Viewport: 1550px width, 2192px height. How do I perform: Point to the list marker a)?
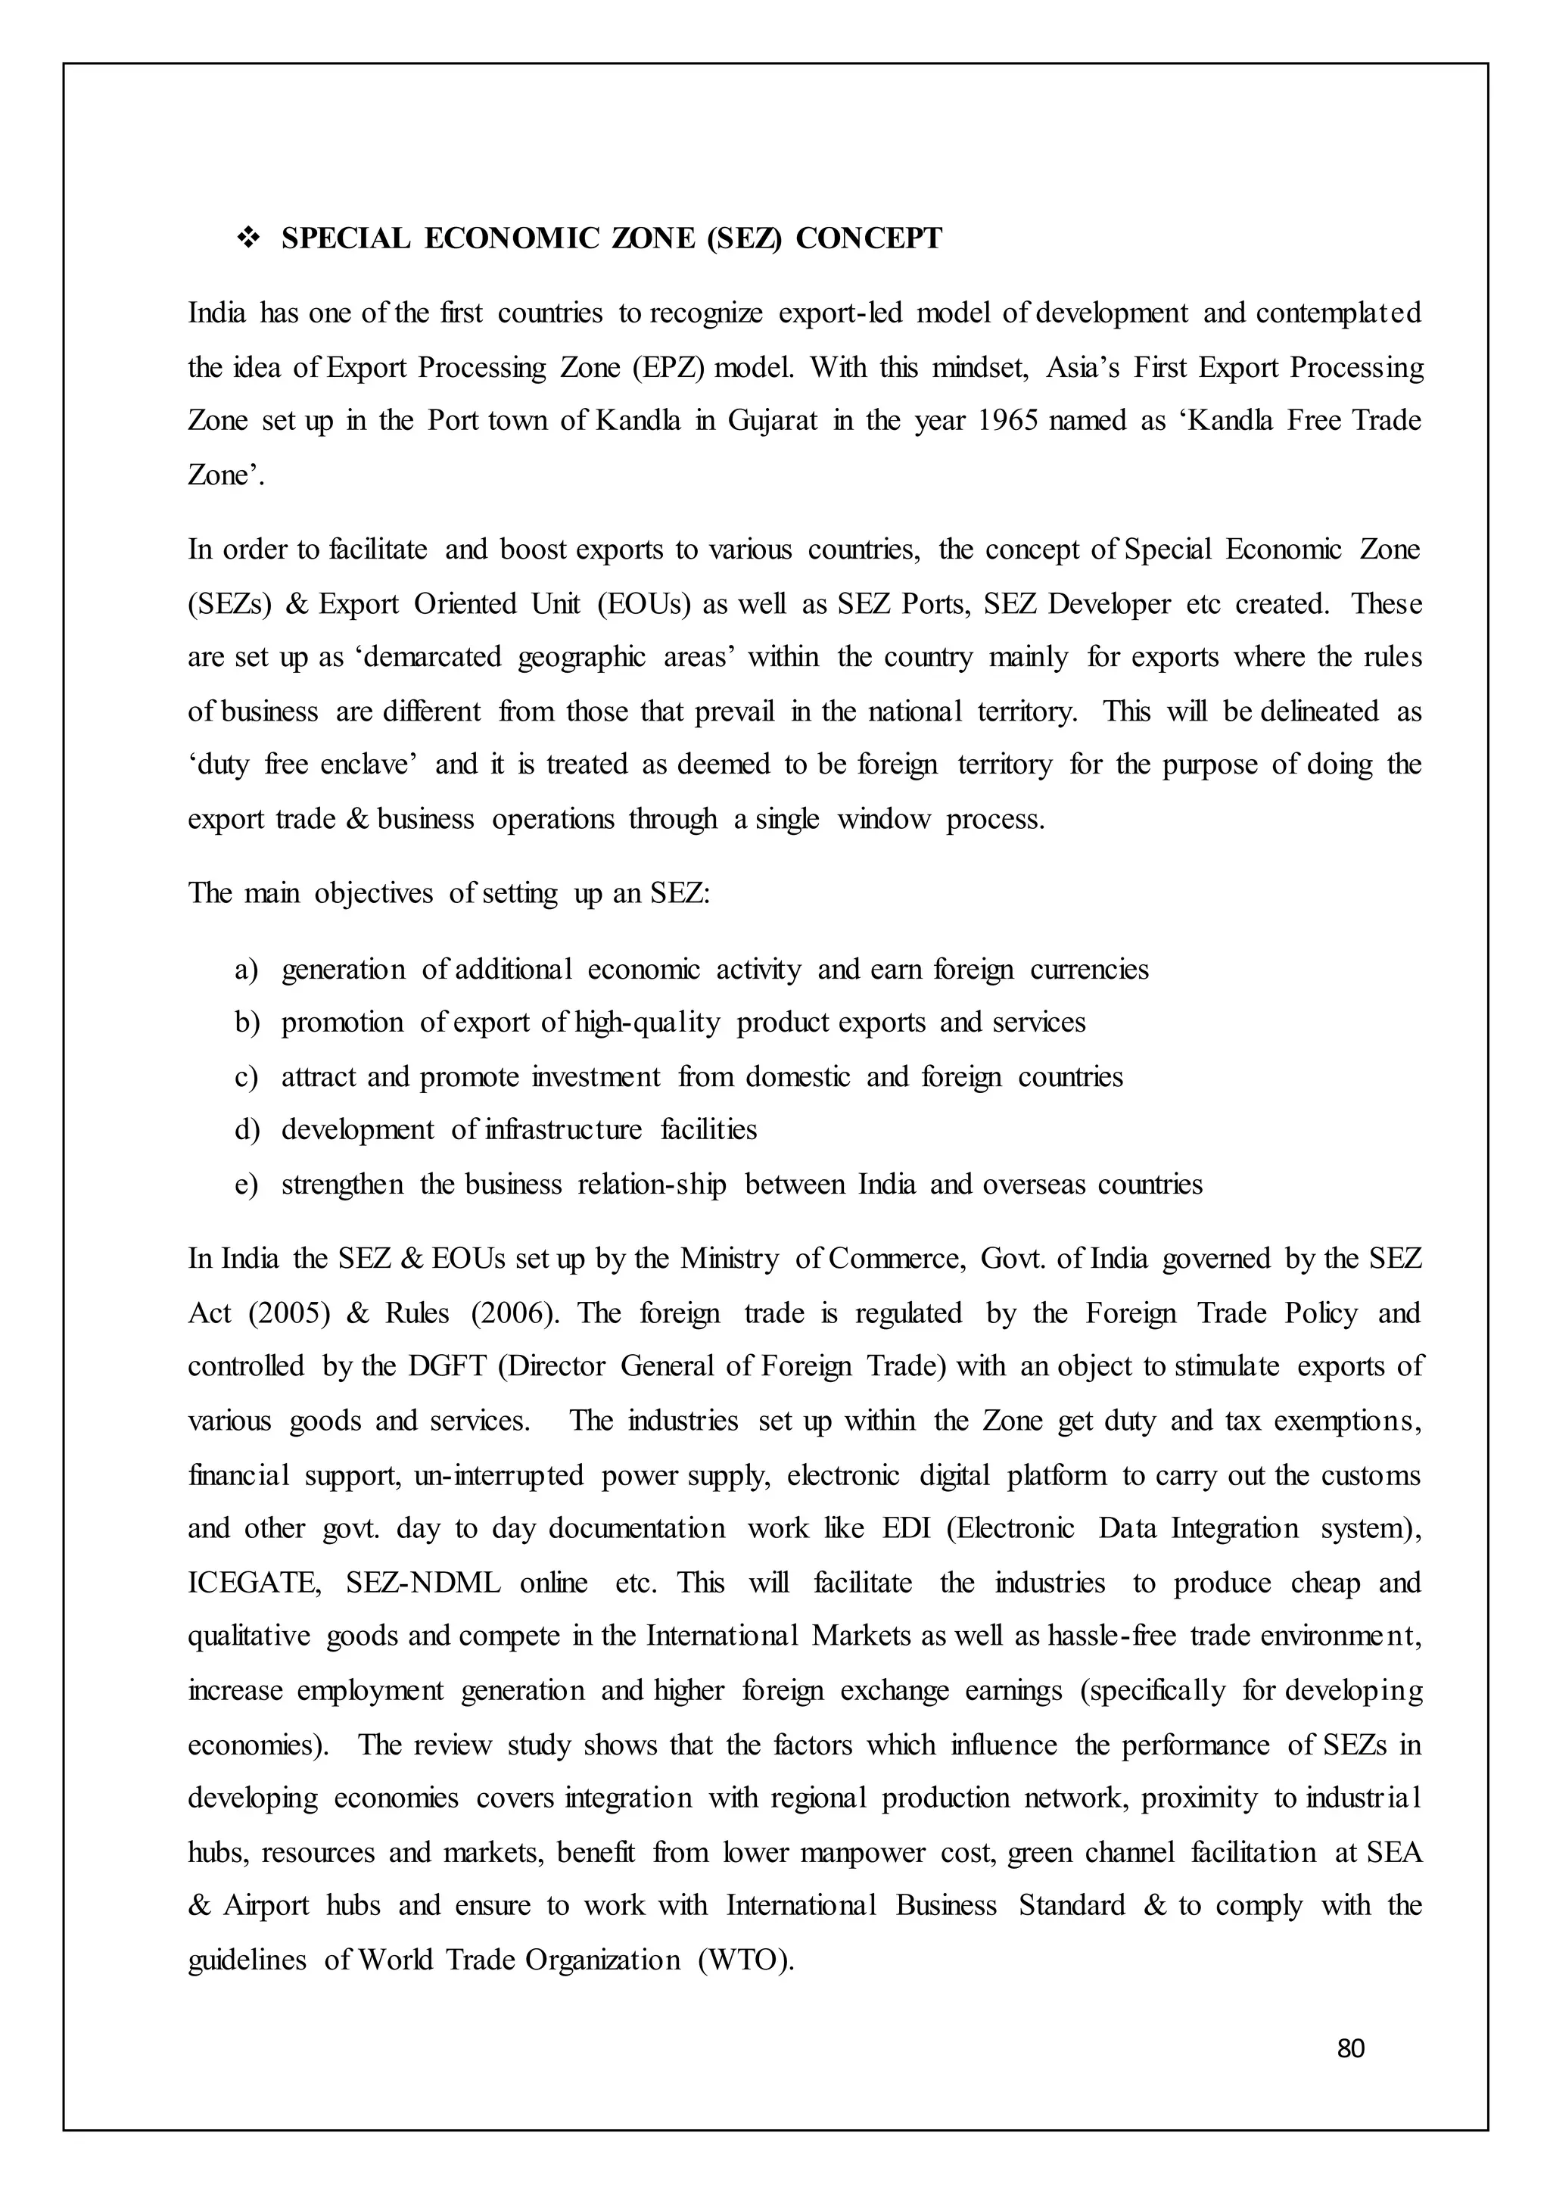[x=246, y=970]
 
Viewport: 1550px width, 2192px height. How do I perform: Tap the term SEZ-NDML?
[x=423, y=1583]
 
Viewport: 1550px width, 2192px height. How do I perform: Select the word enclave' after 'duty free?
[x=369, y=764]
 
